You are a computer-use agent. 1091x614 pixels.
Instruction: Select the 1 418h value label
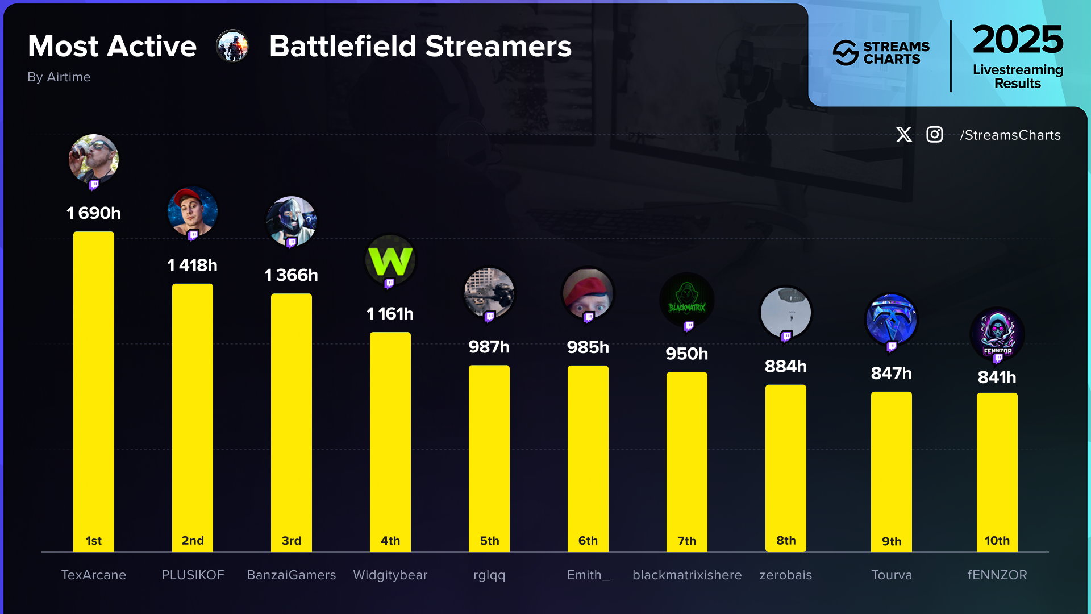point(193,265)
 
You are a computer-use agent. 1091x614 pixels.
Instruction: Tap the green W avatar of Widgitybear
point(390,260)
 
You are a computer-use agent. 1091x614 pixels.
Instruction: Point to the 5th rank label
point(489,541)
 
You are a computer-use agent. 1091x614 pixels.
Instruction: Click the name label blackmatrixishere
point(687,575)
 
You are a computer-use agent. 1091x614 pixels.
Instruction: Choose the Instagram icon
point(935,135)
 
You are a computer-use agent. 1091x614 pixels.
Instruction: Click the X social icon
point(903,135)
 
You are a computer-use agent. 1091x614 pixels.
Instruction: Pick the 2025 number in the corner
point(1017,40)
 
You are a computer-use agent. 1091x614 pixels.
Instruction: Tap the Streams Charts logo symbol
point(846,53)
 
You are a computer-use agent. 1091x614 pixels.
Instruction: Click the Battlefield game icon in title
point(232,46)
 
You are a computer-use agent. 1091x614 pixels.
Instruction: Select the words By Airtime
point(59,77)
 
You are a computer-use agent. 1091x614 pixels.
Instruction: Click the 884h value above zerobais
point(785,367)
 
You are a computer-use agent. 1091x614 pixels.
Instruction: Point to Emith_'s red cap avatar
point(588,293)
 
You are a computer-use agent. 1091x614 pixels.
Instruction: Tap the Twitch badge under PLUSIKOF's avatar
point(193,235)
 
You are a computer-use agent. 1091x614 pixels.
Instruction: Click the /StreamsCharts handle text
point(1010,135)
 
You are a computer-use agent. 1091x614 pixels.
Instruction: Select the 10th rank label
point(997,541)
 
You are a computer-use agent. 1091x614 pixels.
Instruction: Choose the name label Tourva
point(891,575)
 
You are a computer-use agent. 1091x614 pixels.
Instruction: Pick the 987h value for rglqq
point(489,347)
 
